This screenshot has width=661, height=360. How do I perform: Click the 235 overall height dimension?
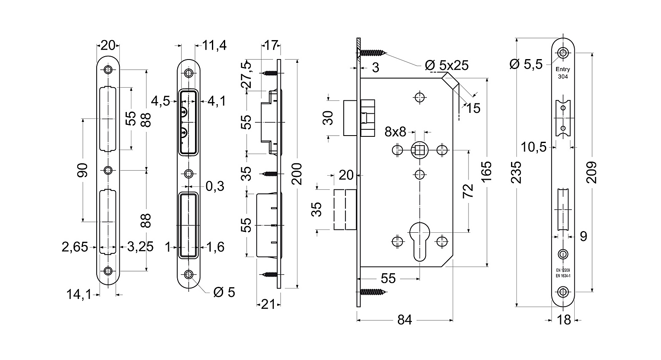516,172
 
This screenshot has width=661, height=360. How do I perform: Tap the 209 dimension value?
592,172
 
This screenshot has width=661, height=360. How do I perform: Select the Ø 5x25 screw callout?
447,65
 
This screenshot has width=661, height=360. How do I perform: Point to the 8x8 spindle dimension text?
395,132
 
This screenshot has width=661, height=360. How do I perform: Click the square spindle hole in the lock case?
419,150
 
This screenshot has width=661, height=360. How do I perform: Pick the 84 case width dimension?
404,320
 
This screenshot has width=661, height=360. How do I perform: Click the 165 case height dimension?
486,172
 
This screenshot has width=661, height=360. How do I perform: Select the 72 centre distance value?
468,191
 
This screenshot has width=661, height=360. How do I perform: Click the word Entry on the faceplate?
563,69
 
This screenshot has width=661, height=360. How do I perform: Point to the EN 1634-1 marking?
563,276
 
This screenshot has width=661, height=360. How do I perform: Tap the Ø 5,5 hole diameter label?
526,64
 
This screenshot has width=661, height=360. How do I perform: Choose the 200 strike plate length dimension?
297,174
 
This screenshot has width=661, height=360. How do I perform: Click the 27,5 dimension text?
246,75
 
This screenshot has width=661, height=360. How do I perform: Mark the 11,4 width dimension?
214,45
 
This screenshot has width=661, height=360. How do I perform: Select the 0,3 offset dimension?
215,186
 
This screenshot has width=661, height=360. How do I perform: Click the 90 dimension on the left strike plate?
82,170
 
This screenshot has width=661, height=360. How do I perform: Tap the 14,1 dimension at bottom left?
79,294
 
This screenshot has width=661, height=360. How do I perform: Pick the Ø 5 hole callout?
224,292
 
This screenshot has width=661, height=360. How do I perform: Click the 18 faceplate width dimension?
564,320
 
